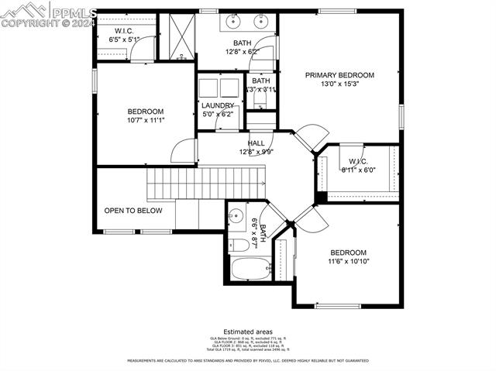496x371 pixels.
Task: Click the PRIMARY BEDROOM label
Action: point(339,75)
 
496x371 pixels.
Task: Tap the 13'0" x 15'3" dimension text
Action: point(339,84)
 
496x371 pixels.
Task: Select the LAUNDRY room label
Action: point(218,105)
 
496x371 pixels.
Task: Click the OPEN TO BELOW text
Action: point(133,210)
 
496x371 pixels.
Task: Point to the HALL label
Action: point(256,143)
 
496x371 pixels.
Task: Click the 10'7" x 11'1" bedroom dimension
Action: point(146,120)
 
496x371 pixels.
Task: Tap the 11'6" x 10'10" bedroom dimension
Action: point(348,261)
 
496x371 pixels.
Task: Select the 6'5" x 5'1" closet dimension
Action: point(124,39)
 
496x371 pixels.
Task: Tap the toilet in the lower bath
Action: point(239,246)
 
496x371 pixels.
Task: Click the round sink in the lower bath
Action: point(237,216)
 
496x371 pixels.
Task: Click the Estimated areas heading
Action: point(247,331)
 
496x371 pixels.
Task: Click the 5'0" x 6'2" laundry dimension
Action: point(218,114)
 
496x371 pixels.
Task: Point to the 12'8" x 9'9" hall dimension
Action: point(256,152)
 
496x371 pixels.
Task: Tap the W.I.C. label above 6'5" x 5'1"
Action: point(125,30)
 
